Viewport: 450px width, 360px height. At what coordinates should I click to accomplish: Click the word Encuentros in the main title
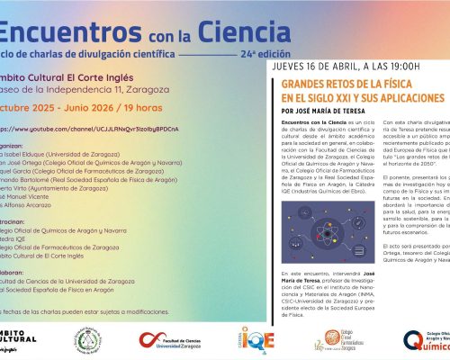(x=54, y=32)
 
